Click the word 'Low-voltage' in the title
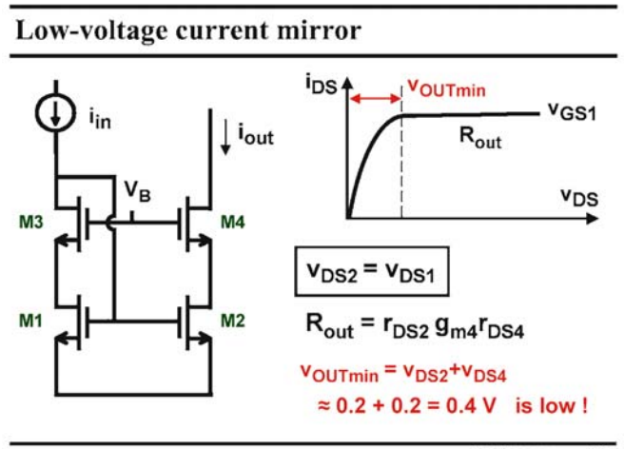click(92, 31)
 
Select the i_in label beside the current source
click(100, 119)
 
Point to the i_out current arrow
click(225, 137)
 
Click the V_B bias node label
click(137, 190)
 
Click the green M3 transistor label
click(31, 222)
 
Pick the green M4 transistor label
click(233, 222)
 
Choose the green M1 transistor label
click(30, 321)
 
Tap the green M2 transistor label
click(233, 321)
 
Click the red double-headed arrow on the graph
click(376, 98)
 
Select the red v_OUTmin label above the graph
click(447, 88)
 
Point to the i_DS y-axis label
click(322, 85)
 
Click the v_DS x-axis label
click(579, 197)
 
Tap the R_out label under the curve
click(480, 138)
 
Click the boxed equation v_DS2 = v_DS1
click(372, 272)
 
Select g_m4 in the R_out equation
click(456, 327)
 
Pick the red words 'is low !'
click(552, 405)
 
